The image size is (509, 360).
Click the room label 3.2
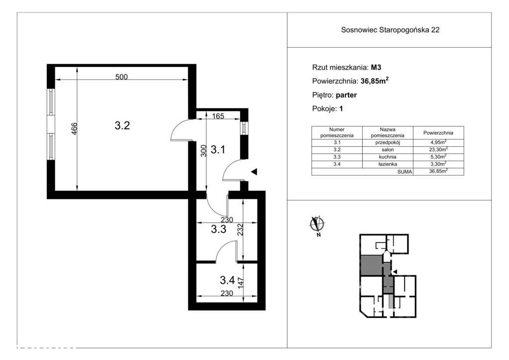[x=122, y=125]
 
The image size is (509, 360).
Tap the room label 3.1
[x=218, y=150]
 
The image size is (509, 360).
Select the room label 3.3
[x=219, y=229]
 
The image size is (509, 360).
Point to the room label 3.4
[x=227, y=279]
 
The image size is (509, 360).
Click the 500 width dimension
[x=121, y=77]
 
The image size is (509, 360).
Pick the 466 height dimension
[x=75, y=129]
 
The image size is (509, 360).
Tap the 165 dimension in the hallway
[x=218, y=116]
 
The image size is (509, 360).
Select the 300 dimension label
[x=203, y=151]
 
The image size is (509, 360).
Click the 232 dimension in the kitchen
[x=240, y=230]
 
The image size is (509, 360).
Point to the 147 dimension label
[x=241, y=281]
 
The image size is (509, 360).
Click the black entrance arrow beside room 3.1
[x=254, y=172]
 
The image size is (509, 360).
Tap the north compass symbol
[x=317, y=225]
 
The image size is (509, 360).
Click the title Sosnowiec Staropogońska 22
[x=390, y=30]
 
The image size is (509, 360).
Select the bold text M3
[x=376, y=68]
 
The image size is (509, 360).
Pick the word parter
[x=346, y=95]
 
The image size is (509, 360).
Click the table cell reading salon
[x=388, y=150]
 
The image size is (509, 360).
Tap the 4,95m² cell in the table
[x=438, y=142]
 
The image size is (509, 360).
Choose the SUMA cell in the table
[x=405, y=172]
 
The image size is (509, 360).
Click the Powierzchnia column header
[x=438, y=133]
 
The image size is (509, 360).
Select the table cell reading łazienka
[x=388, y=164]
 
